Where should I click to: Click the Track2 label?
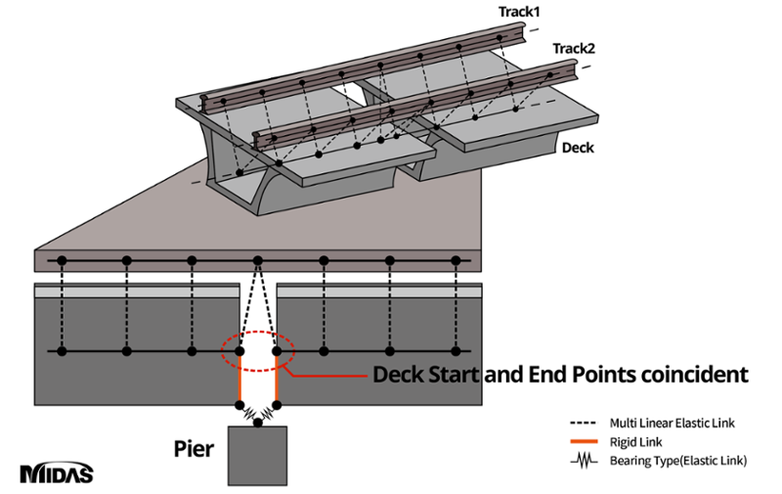click(573, 49)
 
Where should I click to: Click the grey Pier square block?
click(258, 455)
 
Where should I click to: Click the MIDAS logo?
click(56, 473)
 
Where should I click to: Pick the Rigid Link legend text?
click(633, 442)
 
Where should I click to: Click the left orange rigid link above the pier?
click(240, 378)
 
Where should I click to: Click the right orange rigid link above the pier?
click(277, 378)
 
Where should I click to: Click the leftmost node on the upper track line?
click(62, 260)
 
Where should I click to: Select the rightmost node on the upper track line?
click(456, 260)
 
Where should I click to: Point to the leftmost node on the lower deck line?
click(62, 350)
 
